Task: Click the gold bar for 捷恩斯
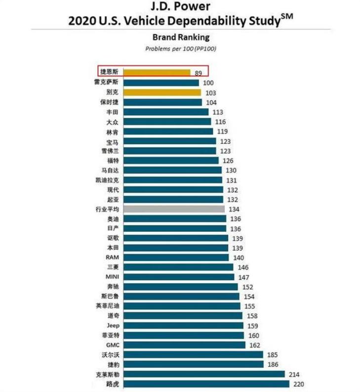[x=157, y=73]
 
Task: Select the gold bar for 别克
[x=162, y=92]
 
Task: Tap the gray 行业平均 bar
[x=174, y=209]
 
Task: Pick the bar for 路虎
[x=206, y=384]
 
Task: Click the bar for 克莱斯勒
[x=204, y=374]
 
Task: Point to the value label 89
[x=199, y=73]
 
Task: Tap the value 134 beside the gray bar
[x=234, y=209]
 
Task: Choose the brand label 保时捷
[x=109, y=102]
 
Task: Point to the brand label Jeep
[x=113, y=326]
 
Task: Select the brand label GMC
[x=112, y=345]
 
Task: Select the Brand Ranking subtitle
[x=181, y=37]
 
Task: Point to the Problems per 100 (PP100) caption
[x=181, y=48]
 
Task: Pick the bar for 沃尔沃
[x=193, y=354]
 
